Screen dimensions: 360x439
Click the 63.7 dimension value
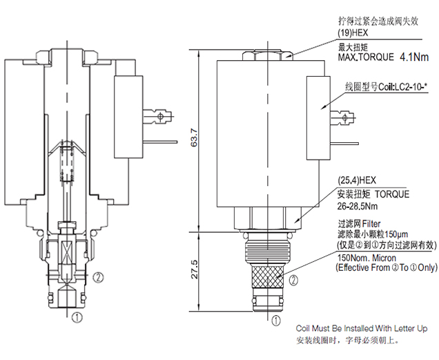pos(194,140)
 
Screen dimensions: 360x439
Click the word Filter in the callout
pos(369,224)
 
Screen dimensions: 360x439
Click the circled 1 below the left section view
pos(77,318)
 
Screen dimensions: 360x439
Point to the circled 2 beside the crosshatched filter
pos(293,281)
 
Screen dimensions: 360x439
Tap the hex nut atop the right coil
pos(270,53)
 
